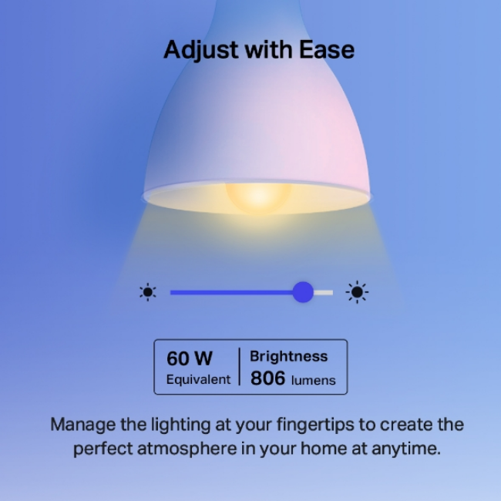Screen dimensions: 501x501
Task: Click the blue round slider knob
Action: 303,292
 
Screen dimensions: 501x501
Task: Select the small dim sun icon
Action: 147,292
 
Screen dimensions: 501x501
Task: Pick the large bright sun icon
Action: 356,292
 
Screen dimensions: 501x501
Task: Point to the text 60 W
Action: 190,358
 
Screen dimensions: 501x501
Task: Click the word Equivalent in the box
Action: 198,379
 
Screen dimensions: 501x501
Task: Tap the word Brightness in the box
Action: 288,356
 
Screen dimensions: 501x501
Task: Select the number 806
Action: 267,378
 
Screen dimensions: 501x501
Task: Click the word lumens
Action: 313,380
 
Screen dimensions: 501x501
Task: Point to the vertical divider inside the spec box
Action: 240,367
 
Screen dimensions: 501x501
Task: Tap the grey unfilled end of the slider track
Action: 324,292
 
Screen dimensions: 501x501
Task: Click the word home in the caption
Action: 316,449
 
